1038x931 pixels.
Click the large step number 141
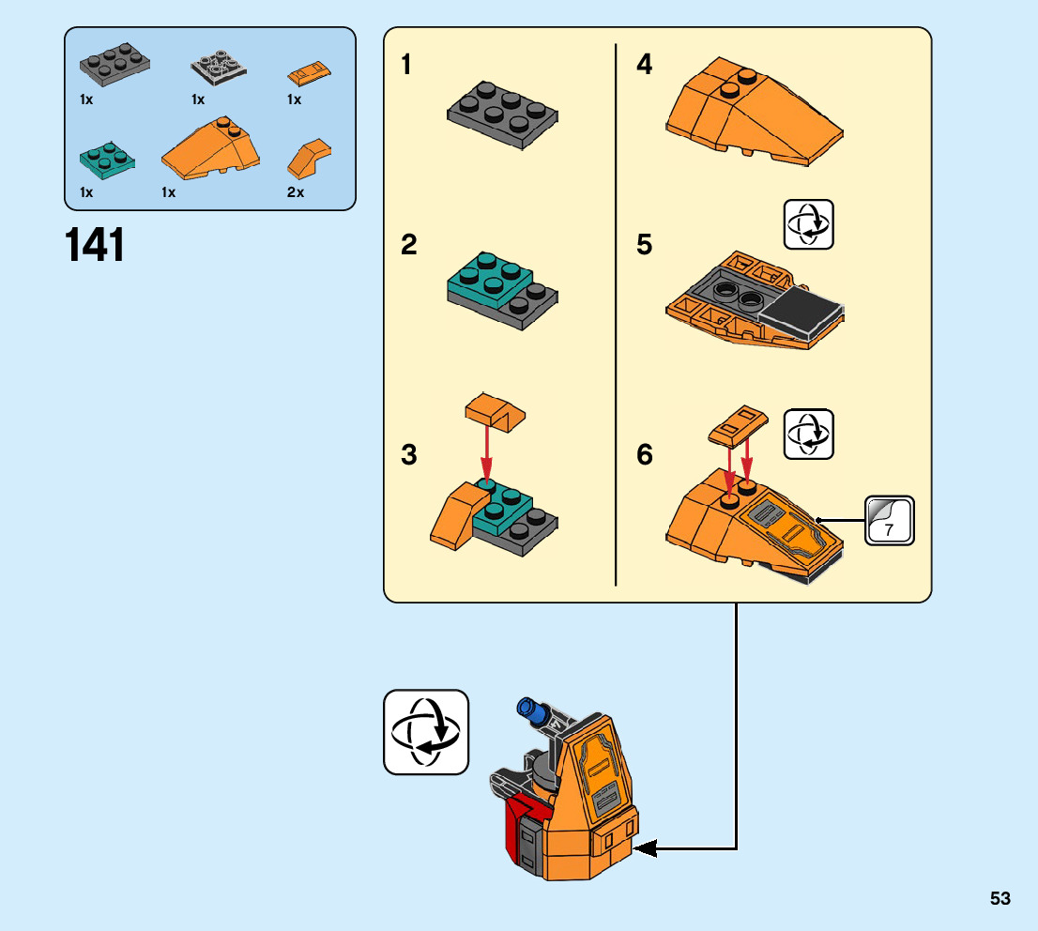[95, 245]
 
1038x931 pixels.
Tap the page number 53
[1000, 898]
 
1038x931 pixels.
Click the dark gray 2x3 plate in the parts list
[114, 64]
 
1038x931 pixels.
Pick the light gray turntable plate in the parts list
[219, 67]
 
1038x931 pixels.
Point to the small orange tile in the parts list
[309, 73]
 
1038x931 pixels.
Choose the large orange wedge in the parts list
[210, 148]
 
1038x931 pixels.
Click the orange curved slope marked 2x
[309, 159]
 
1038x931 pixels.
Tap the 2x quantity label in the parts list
[296, 192]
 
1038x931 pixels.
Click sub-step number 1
[406, 64]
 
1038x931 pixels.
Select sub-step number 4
[644, 64]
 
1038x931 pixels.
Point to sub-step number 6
[644, 455]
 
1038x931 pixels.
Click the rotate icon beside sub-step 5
[808, 224]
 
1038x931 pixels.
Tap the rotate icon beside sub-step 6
[808, 435]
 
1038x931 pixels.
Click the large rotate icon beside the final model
[426, 732]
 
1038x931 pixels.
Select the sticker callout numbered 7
[889, 521]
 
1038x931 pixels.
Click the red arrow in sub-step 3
[487, 453]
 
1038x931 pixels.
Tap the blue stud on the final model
[529, 710]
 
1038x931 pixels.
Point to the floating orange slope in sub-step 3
[496, 412]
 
